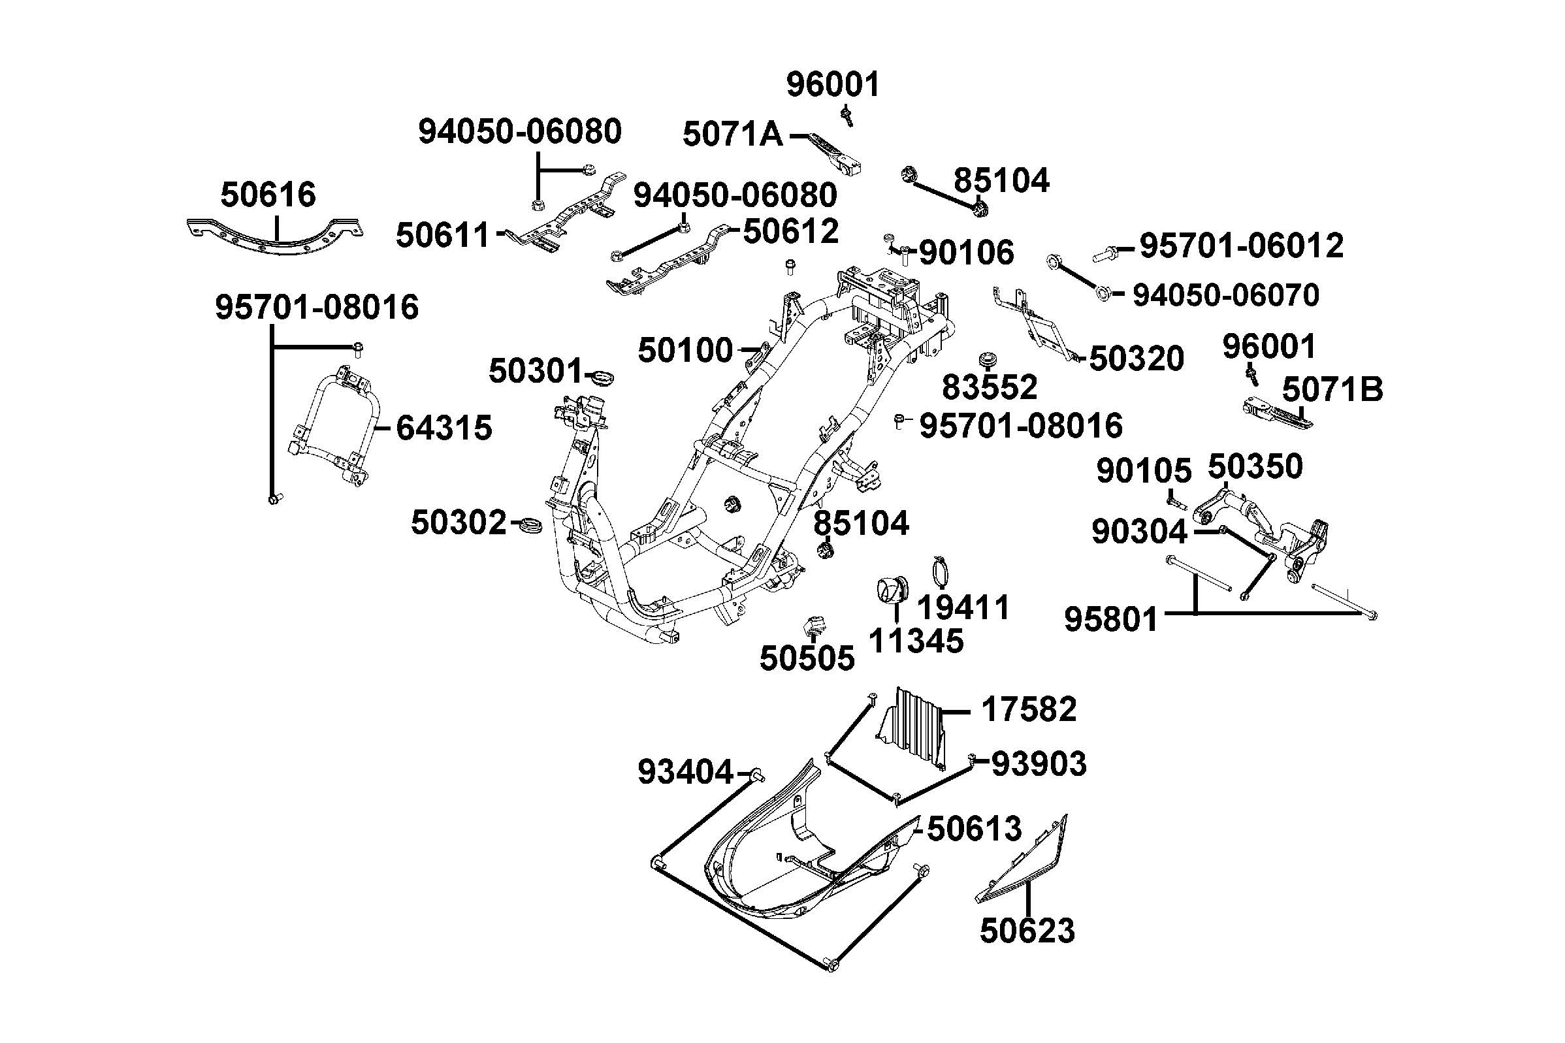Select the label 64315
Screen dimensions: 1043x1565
[x=444, y=428]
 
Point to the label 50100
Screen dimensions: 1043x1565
[x=685, y=350]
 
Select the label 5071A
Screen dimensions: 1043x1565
[x=732, y=135]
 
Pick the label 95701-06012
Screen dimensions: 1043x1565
[x=1241, y=246]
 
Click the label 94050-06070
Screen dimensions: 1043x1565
[x=1225, y=295]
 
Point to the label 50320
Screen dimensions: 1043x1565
[x=1137, y=359]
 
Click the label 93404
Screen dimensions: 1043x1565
[x=685, y=772]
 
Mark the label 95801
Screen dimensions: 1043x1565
[x=1111, y=620]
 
